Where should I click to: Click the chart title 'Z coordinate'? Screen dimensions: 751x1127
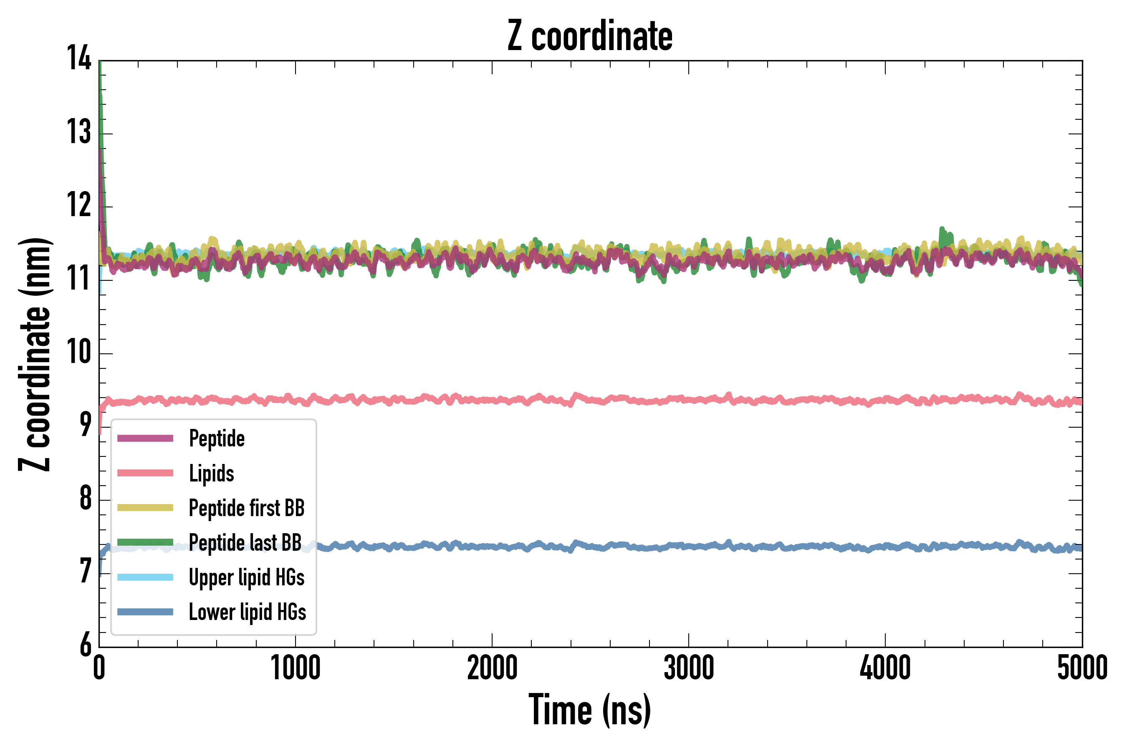(590, 36)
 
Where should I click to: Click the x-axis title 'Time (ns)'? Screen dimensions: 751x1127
(590, 710)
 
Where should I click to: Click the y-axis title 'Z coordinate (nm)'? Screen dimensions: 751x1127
(35, 354)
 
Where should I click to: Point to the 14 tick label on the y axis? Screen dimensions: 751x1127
(78, 58)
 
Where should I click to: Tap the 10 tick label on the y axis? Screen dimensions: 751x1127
(78, 352)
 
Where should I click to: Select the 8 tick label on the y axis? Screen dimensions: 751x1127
(85, 499)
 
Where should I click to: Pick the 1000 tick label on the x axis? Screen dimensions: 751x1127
(295, 668)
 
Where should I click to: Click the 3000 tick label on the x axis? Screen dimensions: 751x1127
(689, 668)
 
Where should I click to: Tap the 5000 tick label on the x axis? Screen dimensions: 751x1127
(1082, 668)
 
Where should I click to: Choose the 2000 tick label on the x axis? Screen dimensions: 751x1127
(492, 668)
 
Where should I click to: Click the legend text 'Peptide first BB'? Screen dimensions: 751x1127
(246, 508)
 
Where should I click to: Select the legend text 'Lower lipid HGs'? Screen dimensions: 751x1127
(247, 612)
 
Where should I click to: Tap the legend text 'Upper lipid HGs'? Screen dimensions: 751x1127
(246, 577)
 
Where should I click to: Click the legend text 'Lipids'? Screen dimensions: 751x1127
(211, 474)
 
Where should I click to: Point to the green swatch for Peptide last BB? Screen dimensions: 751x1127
(145, 542)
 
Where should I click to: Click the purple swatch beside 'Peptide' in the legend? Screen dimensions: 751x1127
(145, 438)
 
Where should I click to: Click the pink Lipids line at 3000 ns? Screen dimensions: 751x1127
(689, 399)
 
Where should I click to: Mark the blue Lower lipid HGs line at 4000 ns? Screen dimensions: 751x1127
(885, 546)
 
